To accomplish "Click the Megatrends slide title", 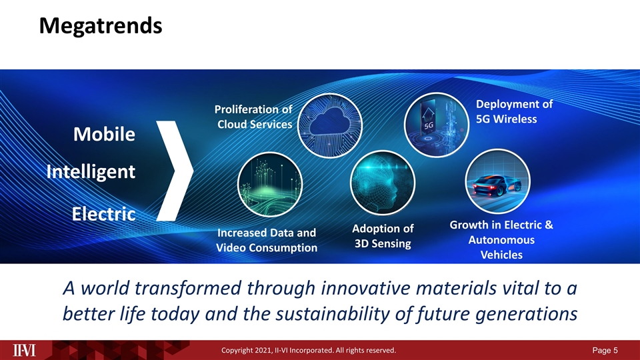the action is click(x=101, y=26).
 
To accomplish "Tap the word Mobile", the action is click(x=104, y=134).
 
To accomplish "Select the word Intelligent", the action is click(x=91, y=172).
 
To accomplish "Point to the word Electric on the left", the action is click(x=104, y=214).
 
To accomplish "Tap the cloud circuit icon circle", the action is click(x=330, y=125).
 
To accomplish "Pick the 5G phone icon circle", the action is click(x=436, y=124).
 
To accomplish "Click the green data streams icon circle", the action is click(x=270, y=185).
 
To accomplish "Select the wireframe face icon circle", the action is click(x=383, y=183).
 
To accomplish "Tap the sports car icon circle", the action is click(x=497, y=181).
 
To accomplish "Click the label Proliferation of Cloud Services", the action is click(x=253, y=117).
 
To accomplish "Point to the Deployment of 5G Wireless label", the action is click(x=514, y=111).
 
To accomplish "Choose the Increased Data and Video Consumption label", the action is click(x=267, y=240).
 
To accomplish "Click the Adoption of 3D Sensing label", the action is click(x=383, y=236).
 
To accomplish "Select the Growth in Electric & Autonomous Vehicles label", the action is click(x=501, y=239).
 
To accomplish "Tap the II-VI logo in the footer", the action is click(x=24, y=350).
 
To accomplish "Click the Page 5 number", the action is click(x=605, y=350).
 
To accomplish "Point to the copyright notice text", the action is click(x=309, y=350).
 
